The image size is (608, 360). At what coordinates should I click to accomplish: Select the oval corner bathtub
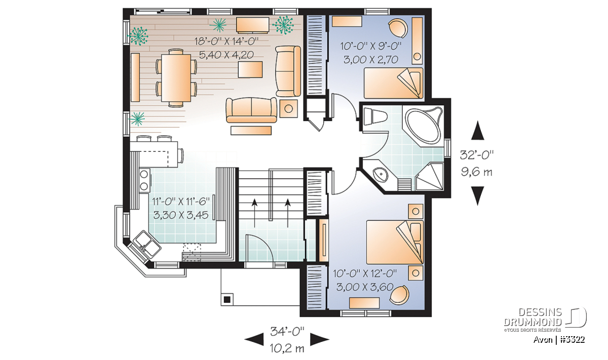tap(423, 126)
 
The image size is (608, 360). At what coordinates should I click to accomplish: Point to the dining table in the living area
tap(176, 78)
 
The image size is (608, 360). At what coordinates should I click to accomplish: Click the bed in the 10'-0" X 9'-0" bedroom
tap(393, 83)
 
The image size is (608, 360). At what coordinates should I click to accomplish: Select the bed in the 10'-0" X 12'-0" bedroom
tap(395, 242)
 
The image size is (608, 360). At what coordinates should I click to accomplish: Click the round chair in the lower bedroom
tap(399, 295)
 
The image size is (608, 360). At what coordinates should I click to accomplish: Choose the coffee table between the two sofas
tap(250, 69)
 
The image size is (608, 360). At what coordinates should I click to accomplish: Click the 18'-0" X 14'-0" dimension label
tap(226, 42)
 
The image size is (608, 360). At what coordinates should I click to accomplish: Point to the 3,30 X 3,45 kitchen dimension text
tap(181, 215)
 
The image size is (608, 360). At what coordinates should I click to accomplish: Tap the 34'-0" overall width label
tap(287, 331)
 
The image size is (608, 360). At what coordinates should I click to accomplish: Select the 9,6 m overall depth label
tap(477, 172)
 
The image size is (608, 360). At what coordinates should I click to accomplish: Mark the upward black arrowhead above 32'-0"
tap(477, 131)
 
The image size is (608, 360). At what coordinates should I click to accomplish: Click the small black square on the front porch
tap(227, 300)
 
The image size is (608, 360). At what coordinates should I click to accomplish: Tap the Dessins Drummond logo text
tap(533, 317)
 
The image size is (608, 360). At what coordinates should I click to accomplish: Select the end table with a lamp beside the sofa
tap(288, 109)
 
